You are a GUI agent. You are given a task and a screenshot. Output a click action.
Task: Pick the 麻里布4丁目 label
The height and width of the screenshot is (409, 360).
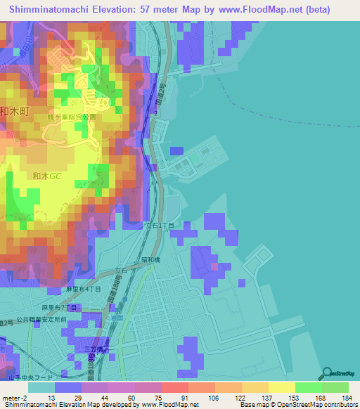tap(84, 289)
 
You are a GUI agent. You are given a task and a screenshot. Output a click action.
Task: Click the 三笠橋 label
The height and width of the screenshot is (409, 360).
tap(94, 349)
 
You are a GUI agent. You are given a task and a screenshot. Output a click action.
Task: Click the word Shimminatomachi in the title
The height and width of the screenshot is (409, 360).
tap(53, 10)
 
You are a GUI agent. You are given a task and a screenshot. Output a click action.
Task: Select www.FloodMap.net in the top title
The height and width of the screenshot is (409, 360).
tap(273, 10)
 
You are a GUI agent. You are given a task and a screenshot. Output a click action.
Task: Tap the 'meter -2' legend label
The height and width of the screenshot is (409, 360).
tap(14, 398)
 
